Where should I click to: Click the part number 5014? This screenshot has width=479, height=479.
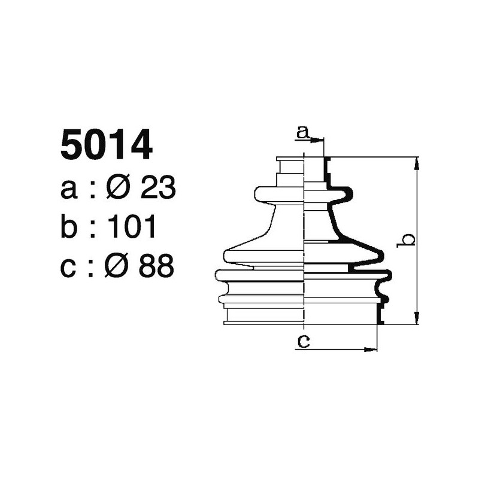pos(106,146)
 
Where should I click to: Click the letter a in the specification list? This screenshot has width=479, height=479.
pos(69,189)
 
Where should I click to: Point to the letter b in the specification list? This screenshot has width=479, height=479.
pos(69,227)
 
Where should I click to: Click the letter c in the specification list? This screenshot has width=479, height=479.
pos(69,266)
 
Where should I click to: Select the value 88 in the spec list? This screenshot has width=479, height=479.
pos(156,266)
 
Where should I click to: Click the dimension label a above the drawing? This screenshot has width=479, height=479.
pos(304,132)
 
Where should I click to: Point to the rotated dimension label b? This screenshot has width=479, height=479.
pos(407,239)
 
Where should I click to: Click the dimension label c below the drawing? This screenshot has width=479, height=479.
pos(304,341)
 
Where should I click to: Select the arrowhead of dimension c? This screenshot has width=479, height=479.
pos(374,348)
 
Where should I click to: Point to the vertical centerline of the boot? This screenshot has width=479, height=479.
pos(305,239)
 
